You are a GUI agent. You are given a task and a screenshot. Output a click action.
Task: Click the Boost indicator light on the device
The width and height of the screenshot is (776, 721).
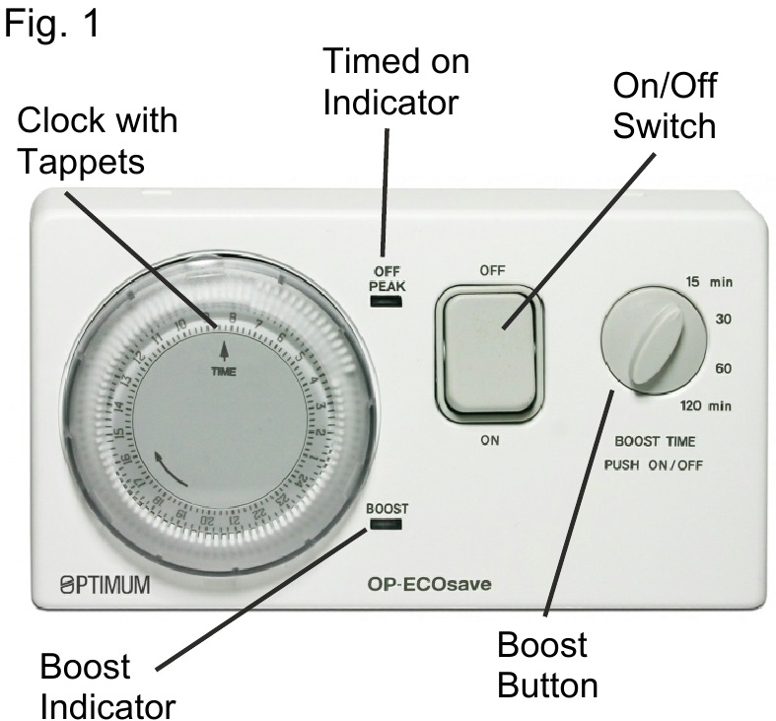386,527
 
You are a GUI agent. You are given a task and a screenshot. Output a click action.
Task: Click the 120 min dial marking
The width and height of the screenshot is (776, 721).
711,405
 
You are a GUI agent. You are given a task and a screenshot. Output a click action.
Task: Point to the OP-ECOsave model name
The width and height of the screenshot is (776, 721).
425,586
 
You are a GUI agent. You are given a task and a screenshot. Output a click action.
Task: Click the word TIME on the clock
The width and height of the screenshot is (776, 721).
224,373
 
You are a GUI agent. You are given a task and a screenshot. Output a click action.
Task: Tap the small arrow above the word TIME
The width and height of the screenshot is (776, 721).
225,350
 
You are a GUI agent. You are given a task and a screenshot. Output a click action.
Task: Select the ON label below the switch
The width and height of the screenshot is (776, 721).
490,441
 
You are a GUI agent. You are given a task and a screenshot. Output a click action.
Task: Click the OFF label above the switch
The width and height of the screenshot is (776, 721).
491,268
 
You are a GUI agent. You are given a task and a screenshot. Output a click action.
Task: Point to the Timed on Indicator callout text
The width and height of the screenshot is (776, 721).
396,84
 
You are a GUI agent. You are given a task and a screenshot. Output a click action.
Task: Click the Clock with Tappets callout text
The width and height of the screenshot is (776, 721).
98,141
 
